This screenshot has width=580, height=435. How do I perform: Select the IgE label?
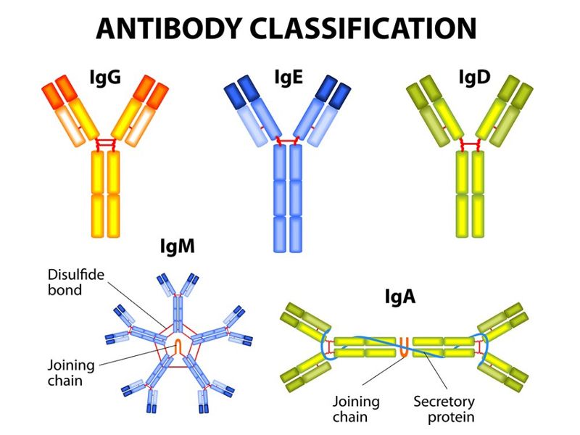click(288, 77)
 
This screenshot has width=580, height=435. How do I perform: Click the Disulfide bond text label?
click(74, 283)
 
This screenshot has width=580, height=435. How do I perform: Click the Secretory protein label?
click(444, 409)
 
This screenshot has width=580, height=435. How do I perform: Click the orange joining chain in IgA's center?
click(405, 347)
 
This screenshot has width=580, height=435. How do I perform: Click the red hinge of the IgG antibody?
click(106, 143)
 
